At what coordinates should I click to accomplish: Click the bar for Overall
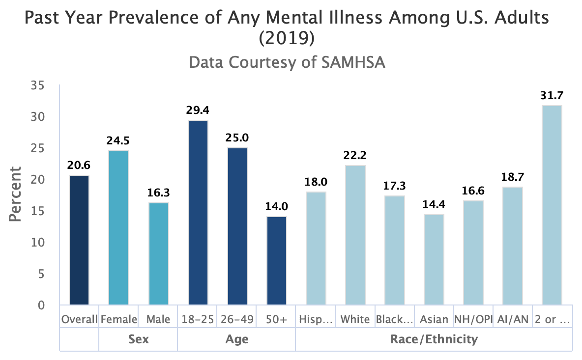[79, 240]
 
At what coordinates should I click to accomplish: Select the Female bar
[118, 228]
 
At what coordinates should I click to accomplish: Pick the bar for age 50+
[276, 261]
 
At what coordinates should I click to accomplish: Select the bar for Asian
[434, 260]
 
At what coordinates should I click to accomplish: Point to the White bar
[355, 235]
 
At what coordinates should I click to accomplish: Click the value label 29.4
[197, 110]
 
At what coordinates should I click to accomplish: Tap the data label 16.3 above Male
[158, 193]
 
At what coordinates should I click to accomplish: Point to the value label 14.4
[434, 204]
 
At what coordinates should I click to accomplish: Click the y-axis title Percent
[16, 194]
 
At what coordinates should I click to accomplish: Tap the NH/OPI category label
[473, 320]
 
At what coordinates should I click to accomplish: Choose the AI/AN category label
[512, 320]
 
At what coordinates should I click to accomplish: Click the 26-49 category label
[236, 320]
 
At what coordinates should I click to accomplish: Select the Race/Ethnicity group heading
[434, 339]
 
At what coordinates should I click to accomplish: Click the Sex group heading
[138, 339]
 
